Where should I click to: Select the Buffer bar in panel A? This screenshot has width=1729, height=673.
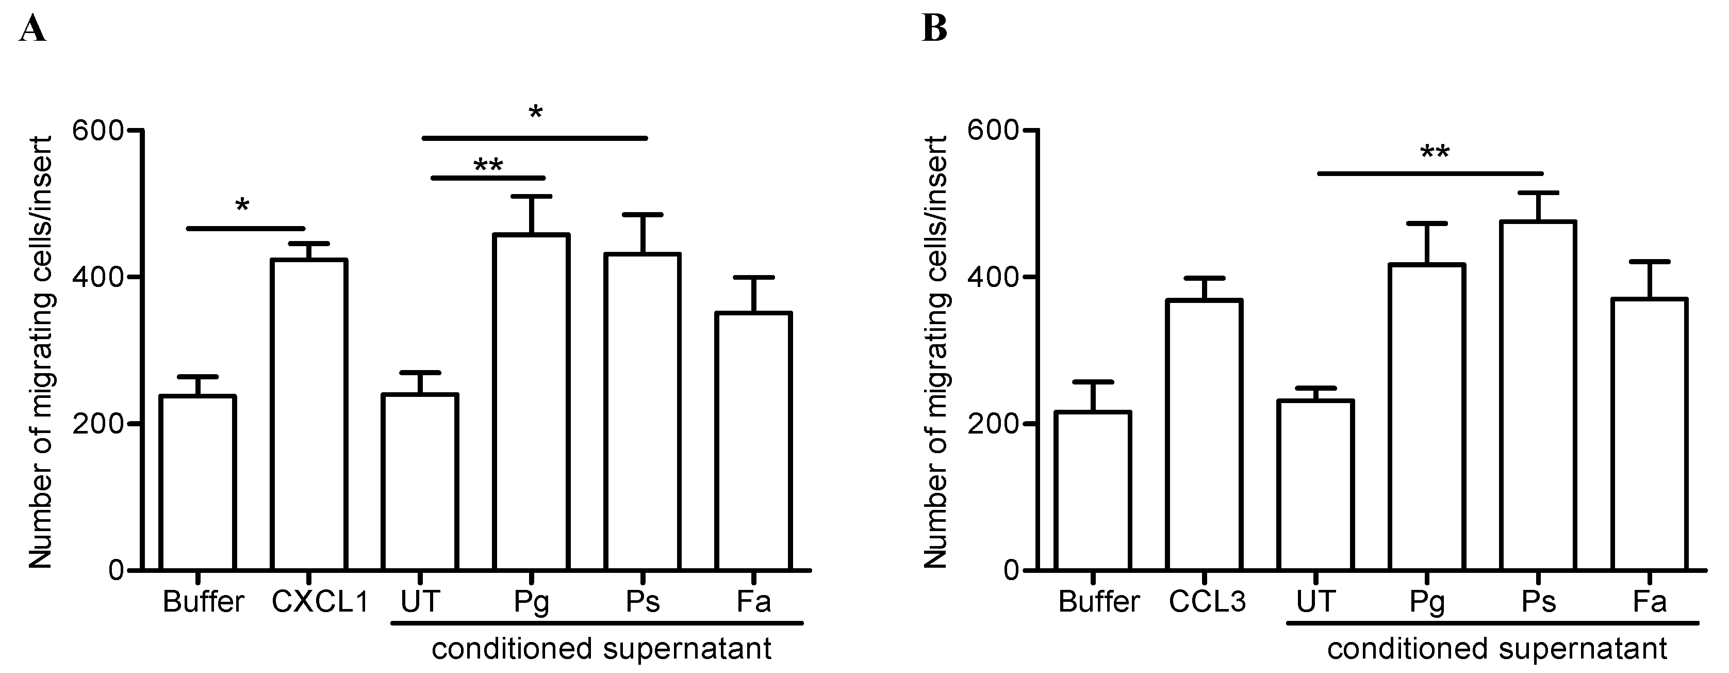[197, 483]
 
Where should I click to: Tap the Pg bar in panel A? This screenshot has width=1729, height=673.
[531, 403]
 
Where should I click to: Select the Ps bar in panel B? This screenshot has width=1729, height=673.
[1538, 396]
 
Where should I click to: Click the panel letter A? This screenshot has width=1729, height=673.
[32, 29]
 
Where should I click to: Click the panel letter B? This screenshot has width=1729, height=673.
[934, 29]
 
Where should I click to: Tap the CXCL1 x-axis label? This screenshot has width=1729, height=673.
[320, 602]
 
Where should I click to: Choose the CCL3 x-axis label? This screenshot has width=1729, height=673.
[1207, 602]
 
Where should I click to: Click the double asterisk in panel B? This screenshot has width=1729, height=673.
[1435, 154]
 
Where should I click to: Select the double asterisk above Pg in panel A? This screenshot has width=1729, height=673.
[488, 165]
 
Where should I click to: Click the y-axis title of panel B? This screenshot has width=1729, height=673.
[936, 352]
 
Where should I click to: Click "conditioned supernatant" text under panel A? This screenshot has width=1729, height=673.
[601, 649]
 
